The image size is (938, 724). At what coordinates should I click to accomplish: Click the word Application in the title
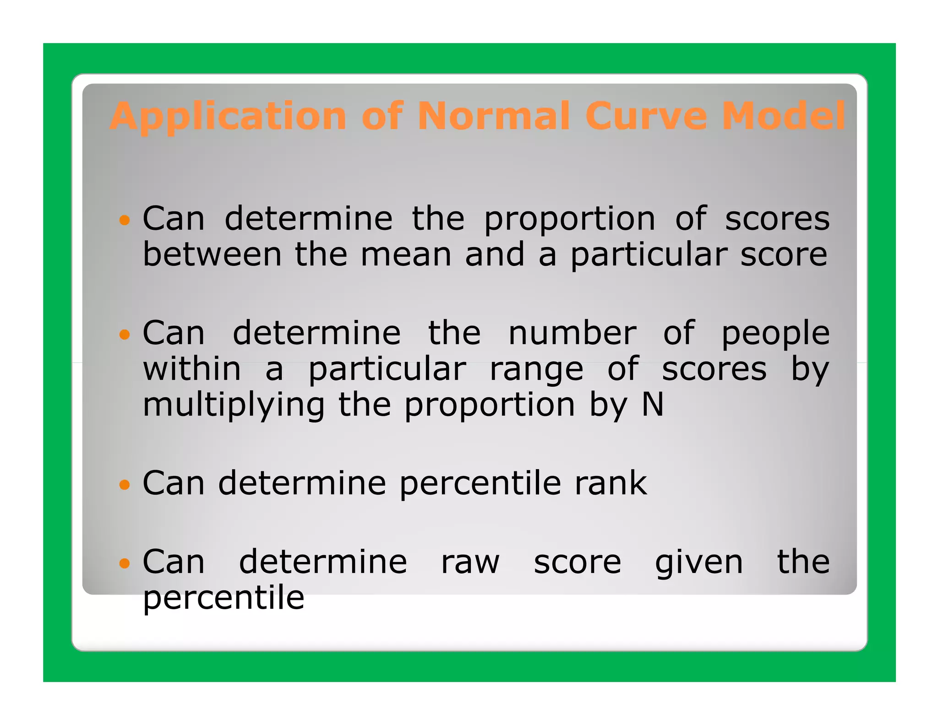tap(228, 117)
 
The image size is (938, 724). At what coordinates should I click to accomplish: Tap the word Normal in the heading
tap(493, 117)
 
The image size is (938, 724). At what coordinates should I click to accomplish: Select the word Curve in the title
tap(646, 117)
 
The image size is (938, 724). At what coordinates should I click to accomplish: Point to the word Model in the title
tap(783, 117)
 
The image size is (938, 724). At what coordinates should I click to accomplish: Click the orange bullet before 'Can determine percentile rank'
tap(124, 484)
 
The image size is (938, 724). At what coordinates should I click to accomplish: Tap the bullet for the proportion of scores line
tap(124, 220)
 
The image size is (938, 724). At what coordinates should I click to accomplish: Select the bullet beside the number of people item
tap(124, 335)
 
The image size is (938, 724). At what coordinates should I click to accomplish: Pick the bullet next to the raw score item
tap(124, 563)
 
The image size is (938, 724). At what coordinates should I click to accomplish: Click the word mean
tap(406, 255)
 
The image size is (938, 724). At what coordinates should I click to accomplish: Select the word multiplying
tap(234, 406)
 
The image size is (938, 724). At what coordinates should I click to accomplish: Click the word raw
tap(470, 563)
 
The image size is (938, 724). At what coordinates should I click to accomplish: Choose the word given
tap(699, 564)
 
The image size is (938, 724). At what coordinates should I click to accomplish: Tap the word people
tap(775, 335)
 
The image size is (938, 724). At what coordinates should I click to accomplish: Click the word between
tap(212, 255)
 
